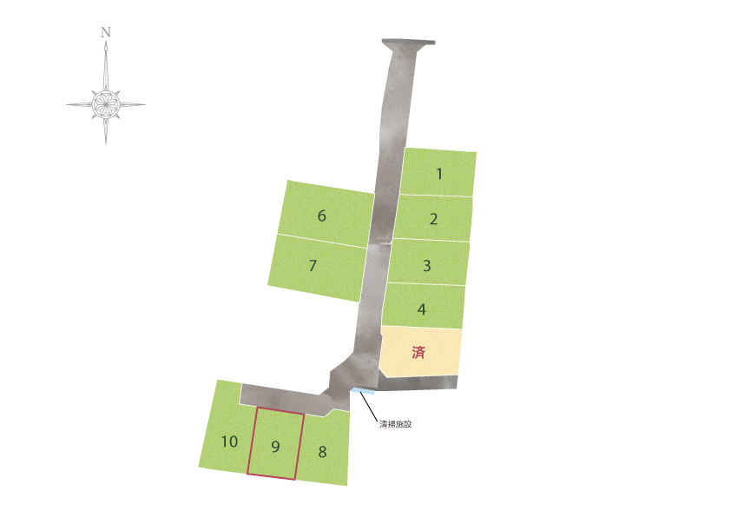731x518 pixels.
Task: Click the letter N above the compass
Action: tap(106, 32)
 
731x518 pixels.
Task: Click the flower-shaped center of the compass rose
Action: tap(106, 104)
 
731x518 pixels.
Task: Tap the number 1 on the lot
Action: tap(439, 174)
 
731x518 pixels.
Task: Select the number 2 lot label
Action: tap(433, 219)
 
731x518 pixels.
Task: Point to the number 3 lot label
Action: tap(426, 266)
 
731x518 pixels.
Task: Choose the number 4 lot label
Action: tap(421, 309)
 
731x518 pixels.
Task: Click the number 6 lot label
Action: tap(322, 216)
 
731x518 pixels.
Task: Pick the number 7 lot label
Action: tap(313, 266)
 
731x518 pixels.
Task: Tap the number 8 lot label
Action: tap(322, 452)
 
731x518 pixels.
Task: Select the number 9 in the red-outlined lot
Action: tap(275, 447)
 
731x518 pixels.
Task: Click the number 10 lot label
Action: tap(229, 442)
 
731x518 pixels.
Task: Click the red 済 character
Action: tap(418, 352)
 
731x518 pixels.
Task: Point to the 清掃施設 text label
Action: tap(395, 424)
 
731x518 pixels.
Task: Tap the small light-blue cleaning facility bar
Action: tap(363, 391)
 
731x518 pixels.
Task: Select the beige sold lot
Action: tap(421, 351)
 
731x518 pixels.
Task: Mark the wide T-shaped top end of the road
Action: tap(408, 43)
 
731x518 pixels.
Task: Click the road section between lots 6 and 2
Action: tap(384, 217)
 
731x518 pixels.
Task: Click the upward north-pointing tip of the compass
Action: tap(106, 42)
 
